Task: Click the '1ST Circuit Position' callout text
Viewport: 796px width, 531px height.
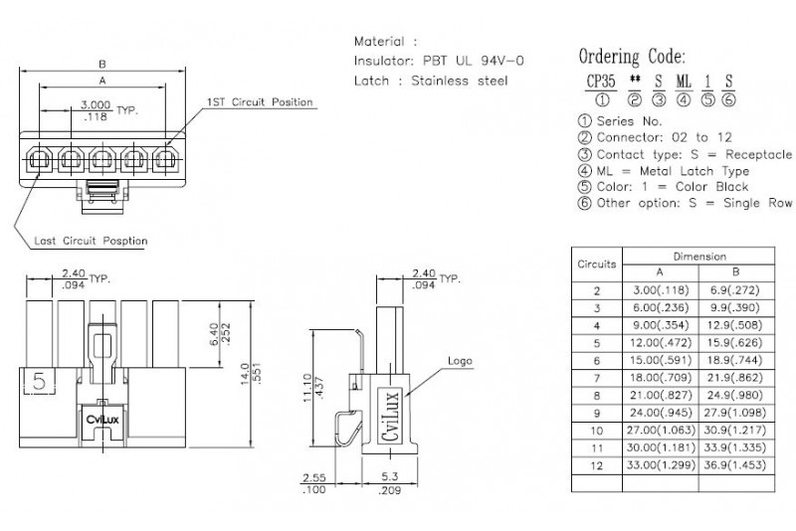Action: [260, 102]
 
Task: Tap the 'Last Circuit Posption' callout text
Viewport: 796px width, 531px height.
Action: [91, 241]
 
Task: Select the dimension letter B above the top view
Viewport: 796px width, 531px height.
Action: [102, 65]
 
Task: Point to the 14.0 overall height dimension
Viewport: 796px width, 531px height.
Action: [245, 374]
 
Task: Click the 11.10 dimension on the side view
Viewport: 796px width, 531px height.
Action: [307, 388]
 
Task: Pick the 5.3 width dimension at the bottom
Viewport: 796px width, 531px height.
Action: [389, 477]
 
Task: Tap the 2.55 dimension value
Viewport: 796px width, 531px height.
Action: [314, 478]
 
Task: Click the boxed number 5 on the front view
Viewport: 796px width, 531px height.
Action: [39, 382]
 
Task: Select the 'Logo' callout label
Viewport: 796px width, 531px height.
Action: [460, 361]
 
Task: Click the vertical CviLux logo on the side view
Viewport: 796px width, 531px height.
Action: [390, 416]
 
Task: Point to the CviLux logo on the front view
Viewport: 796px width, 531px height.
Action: [102, 420]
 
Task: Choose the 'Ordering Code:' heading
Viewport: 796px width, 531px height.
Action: [632, 57]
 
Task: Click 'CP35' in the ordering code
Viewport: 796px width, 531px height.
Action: [601, 82]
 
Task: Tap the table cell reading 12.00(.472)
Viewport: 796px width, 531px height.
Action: [661, 343]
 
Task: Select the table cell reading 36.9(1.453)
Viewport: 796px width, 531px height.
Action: [735, 465]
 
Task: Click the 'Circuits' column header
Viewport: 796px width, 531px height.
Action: [596, 265]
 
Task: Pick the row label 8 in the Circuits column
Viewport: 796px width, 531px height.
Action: [597, 396]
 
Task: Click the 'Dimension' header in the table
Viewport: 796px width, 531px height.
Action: [699, 257]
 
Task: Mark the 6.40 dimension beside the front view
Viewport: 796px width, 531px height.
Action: [214, 334]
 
